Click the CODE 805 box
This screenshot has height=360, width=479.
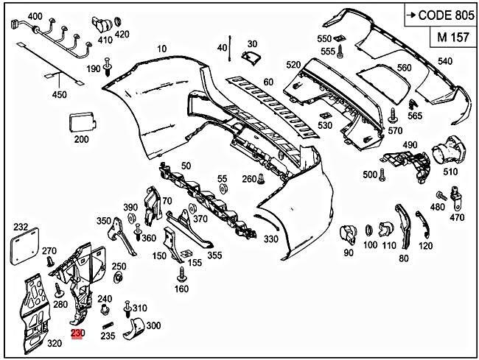(x=438, y=15)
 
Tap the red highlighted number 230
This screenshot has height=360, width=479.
(x=78, y=333)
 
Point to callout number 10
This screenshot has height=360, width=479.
(x=162, y=49)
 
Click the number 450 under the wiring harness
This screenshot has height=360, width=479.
(x=59, y=94)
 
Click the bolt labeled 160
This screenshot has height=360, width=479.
(x=182, y=277)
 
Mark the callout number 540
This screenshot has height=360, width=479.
(x=445, y=61)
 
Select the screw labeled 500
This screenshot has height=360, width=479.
(x=383, y=174)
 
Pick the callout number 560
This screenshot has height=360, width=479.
(x=404, y=68)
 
